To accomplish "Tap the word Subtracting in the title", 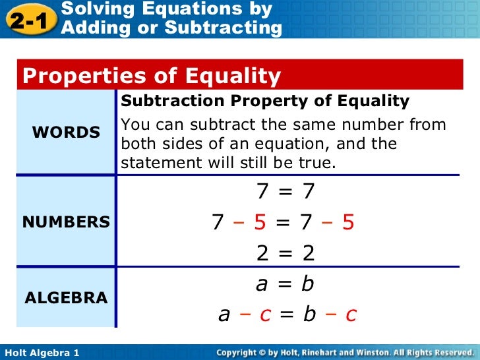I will (223, 28).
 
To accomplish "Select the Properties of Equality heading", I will (152, 76).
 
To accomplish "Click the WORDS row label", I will (66, 133).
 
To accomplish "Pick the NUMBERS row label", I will (66, 222).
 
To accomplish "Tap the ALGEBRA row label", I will (66, 298).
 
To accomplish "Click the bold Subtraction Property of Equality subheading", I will (265, 102).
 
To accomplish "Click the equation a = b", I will (285, 284).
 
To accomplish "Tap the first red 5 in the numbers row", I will (259, 223).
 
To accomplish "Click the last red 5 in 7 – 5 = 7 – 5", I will (348, 223).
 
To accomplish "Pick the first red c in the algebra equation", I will (265, 315).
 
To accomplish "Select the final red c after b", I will (351, 315).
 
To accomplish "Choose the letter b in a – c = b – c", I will (309, 314).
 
